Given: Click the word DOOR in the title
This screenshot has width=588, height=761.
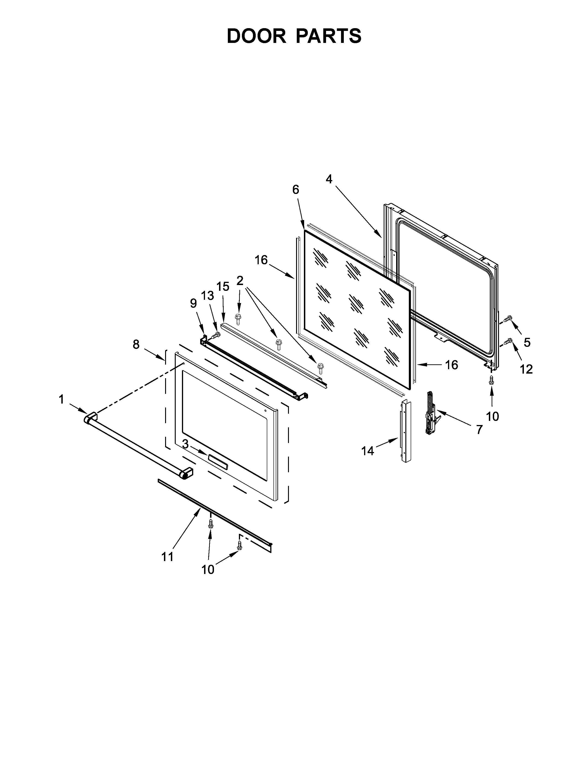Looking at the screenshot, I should tap(256, 36).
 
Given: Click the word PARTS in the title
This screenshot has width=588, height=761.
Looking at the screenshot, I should tap(329, 36).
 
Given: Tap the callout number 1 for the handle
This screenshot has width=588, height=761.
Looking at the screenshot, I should tap(61, 399).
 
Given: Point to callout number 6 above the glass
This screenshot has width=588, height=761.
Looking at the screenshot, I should tap(295, 190).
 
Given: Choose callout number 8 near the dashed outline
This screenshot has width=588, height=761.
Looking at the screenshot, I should tap(136, 344).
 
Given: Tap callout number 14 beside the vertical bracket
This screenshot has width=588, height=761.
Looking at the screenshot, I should tap(368, 451).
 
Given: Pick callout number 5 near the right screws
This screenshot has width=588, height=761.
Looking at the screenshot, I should tap(527, 342).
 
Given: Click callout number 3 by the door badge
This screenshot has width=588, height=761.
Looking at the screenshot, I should tap(185, 444).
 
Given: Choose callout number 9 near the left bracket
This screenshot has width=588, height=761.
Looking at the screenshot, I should tap(193, 303).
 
